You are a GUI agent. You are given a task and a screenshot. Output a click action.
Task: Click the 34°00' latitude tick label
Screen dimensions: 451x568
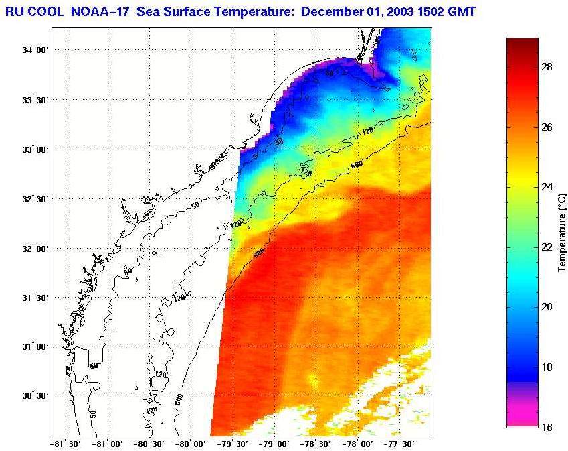tap(34, 50)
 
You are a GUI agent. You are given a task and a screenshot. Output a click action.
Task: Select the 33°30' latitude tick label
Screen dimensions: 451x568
tap(34, 100)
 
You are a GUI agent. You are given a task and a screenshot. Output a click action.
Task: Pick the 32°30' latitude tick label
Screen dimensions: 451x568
tap(34, 199)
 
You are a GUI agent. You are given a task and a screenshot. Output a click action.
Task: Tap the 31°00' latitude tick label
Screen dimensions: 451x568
tap(34, 346)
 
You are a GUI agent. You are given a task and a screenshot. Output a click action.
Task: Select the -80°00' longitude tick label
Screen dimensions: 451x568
tap(191, 444)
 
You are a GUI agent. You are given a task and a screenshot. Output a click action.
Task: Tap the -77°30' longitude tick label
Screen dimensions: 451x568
tap(399, 444)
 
